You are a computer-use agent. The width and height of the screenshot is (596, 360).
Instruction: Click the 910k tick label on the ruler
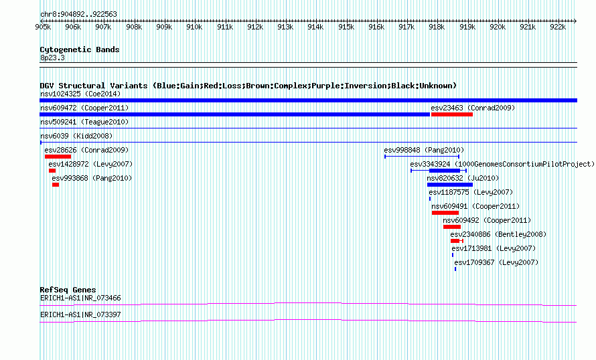pyautogui.click(x=194, y=27)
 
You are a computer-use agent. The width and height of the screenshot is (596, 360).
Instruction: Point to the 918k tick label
pyautogui.click(x=437, y=27)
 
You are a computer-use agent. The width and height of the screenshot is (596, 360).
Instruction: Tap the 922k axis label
pyautogui.click(x=558, y=27)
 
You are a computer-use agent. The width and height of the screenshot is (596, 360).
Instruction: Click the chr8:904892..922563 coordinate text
pyautogui.click(x=78, y=15)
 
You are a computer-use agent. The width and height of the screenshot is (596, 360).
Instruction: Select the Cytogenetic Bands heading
pyautogui.click(x=80, y=50)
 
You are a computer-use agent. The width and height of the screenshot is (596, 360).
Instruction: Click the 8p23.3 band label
pyautogui.click(x=52, y=58)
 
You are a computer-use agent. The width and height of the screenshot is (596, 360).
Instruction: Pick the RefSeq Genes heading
pyautogui.click(x=68, y=290)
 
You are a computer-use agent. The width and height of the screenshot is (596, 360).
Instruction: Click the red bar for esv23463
pyautogui.click(x=452, y=114)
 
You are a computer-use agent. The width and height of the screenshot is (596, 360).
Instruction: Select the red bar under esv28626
pyautogui.click(x=58, y=157)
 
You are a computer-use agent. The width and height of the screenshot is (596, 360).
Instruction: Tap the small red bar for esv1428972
pyautogui.click(x=52, y=171)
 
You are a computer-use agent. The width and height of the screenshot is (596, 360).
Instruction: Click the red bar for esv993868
pyautogui.click(x=56, y=185)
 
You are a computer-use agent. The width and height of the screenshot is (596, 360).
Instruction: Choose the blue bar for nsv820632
pyautogui.click(x=450, y=185)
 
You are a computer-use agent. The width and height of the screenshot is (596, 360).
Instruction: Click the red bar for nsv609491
pyautogui.click(x=445, y=213)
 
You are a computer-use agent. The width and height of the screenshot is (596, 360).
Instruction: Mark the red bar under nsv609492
pyautogui.click(x=452, y=227)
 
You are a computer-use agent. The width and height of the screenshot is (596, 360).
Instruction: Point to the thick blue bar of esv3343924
pyautogui.click(x=445, y=171)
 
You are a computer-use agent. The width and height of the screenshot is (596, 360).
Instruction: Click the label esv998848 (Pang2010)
pyautogui.click(x=424, y=150)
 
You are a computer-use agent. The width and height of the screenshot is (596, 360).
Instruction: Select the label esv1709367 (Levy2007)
pyautogui.click(x=496, y=262)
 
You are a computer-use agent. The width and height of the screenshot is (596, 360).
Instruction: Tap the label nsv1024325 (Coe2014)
pyautogui.click(x=80, y=94)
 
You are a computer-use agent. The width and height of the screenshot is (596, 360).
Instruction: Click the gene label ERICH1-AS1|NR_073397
pyautogui.click(x=80, y=314)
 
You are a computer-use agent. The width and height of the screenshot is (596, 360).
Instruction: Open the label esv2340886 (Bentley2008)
pyautogui.click(x=498, y=234)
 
